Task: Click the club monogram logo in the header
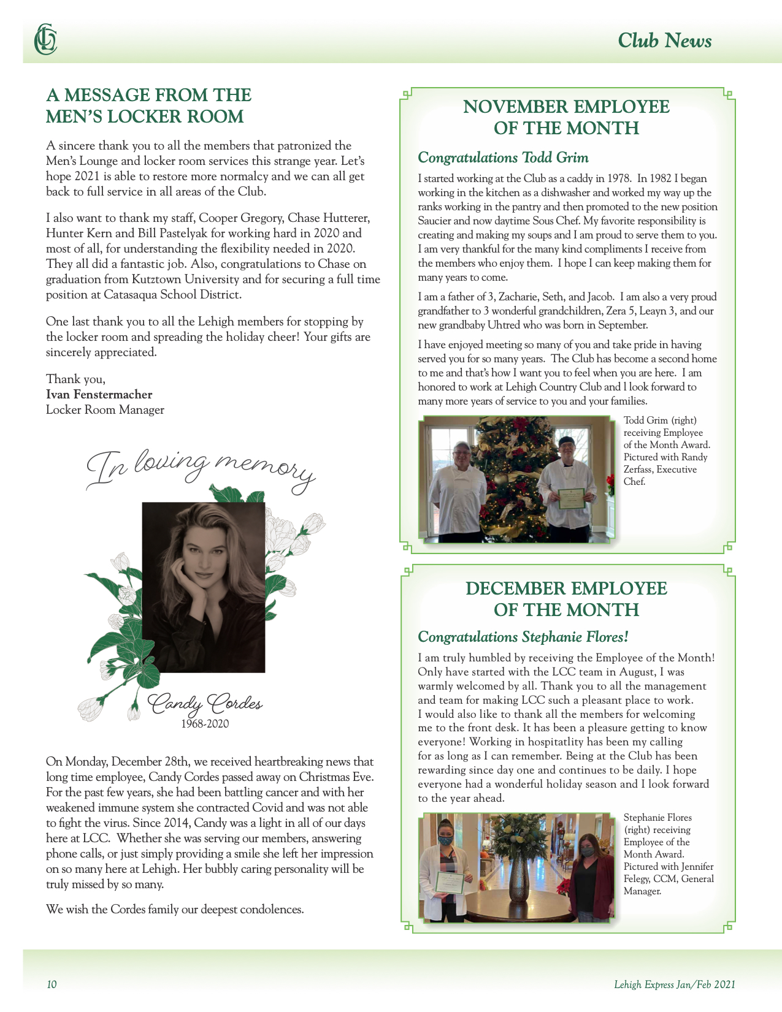pyautogui.click(x=45, y=40)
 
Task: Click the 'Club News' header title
pyautogui.click(x=664, y=40)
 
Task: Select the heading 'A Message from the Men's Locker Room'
pyautogui.click(x=148, y=105)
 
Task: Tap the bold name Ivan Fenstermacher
pyautogui.click(x=99, y=394)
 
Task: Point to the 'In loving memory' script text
pyautogui.click(x=200, y=470)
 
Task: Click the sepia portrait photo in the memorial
pyautogui.click(x=204, y=587)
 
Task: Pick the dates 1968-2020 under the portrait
pyautogui.click(x=205, y=724)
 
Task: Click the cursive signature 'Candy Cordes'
pyautogui.click(x=206, y=704)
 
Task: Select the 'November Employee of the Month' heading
pyautogui.click(x=566, y=117)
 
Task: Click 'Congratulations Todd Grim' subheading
pyautogui.click(x=503, y=158)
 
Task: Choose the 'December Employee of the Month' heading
pyautogui.click(x=566, y=599)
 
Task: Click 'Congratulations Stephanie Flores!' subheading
pyautogui.click(x=523, y=637)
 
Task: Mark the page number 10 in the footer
pyautogui.click(x=52, y=984)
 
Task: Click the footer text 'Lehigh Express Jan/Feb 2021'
pyautogui.click(x=674, y=984)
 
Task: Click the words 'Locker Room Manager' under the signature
pyautogui.click(x=105, y=409)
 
